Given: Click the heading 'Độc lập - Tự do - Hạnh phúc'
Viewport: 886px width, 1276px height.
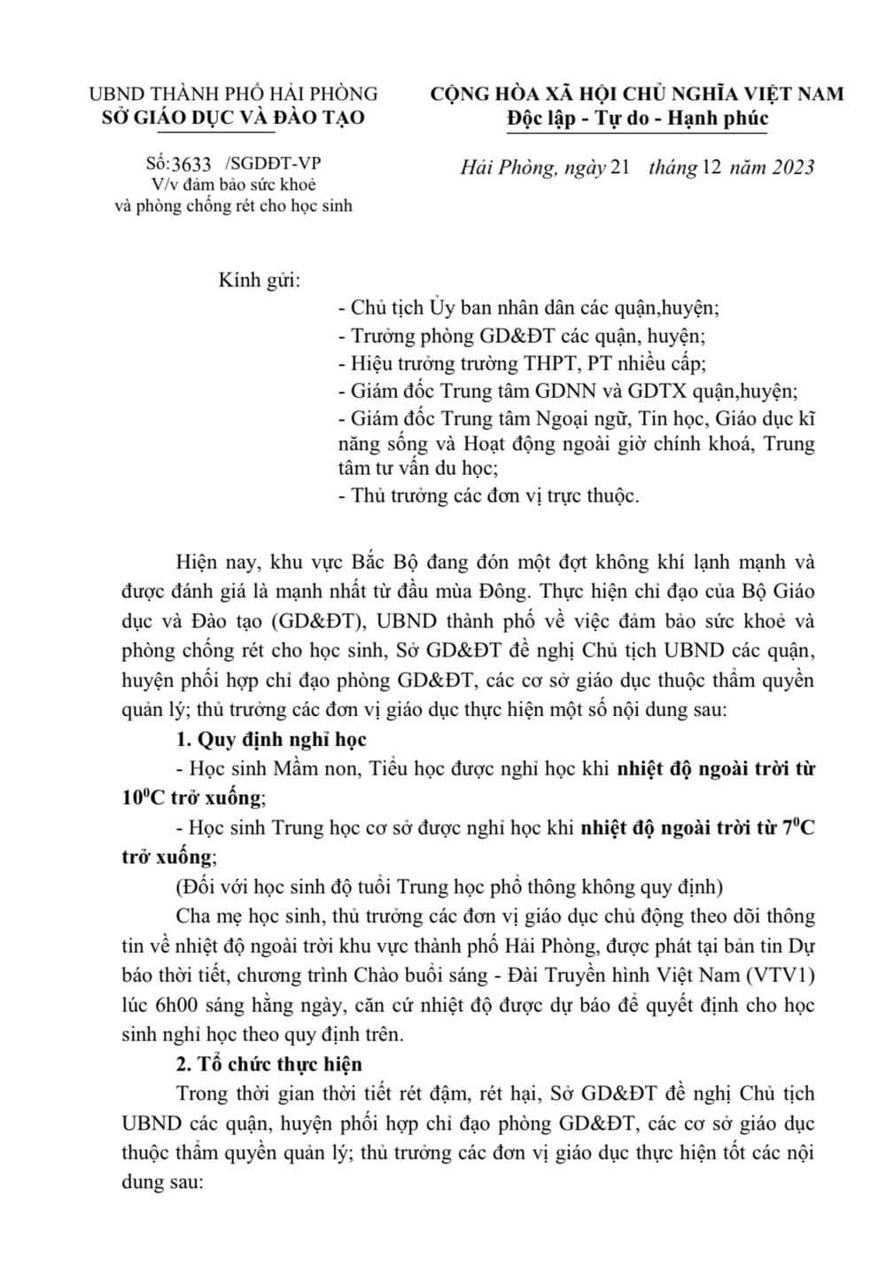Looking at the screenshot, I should coord(638,118).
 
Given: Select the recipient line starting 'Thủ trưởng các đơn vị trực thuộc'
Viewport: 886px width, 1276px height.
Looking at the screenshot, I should coord(489,495).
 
